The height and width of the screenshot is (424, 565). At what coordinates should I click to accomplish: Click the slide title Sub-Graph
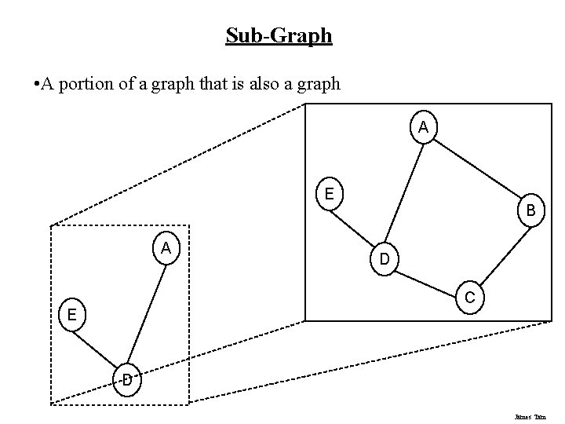[x=279, y=35]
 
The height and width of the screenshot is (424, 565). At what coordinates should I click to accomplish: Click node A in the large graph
[x=423, y=127]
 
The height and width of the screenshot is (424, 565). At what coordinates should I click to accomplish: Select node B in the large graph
[x=531, y=210]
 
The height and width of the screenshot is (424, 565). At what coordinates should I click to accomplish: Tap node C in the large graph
[x=468, y=297]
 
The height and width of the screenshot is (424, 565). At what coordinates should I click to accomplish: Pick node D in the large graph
[x=384, y=258]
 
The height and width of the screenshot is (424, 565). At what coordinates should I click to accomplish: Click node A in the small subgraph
[x=166, y=249]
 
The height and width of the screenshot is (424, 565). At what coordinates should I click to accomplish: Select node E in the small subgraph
[x=71, y=315]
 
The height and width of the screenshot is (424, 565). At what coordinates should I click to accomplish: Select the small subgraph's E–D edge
[x=98, y=348]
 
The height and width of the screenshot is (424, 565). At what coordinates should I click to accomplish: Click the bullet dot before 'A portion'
[x=27, y=83]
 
